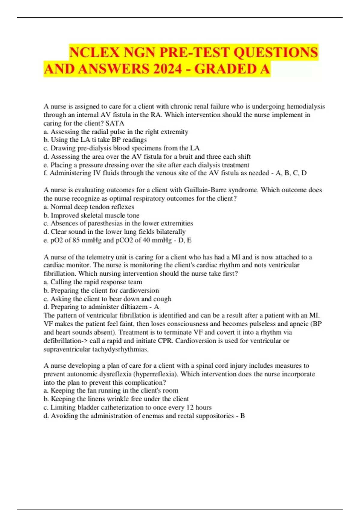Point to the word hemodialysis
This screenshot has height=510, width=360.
(306, 106)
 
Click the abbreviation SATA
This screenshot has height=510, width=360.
(115, 123)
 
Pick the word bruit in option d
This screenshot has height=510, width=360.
(186, 157)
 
